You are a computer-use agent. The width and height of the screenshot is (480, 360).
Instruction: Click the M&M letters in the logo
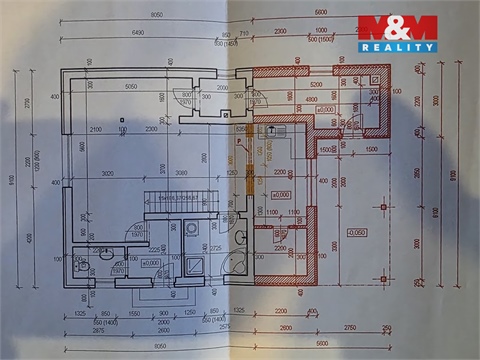(397, 27)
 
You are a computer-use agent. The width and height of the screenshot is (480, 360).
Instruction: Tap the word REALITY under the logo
(397, 47)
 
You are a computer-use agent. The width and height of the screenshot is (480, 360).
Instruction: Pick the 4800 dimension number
(311, 99)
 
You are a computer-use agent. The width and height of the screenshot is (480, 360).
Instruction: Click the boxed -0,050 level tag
(357, 231)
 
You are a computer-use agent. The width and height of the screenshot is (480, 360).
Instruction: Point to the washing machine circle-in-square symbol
(191, 228)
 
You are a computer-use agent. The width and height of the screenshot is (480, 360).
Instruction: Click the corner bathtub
(238, 265)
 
